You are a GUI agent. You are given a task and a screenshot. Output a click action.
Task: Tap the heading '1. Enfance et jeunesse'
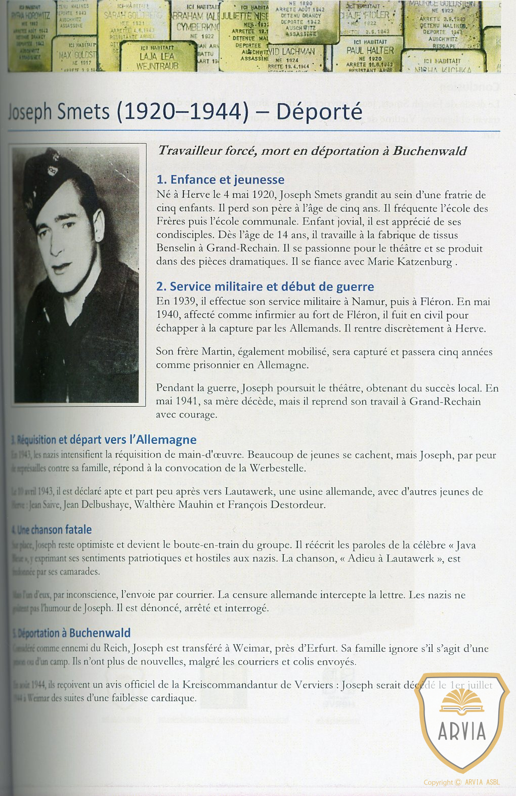220,180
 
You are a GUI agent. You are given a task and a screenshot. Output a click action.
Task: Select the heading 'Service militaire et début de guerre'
272,286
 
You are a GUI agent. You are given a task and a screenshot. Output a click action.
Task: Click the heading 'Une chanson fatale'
54,530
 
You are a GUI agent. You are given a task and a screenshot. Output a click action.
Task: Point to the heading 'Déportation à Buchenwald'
74,633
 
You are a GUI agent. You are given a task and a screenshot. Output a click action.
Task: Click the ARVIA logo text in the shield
461,731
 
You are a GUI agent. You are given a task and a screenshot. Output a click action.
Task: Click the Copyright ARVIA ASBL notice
461,782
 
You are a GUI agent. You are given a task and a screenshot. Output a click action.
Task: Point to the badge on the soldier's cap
53,170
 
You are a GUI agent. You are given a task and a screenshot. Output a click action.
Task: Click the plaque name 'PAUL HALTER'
370,51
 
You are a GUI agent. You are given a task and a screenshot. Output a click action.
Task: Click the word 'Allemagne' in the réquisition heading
166,440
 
